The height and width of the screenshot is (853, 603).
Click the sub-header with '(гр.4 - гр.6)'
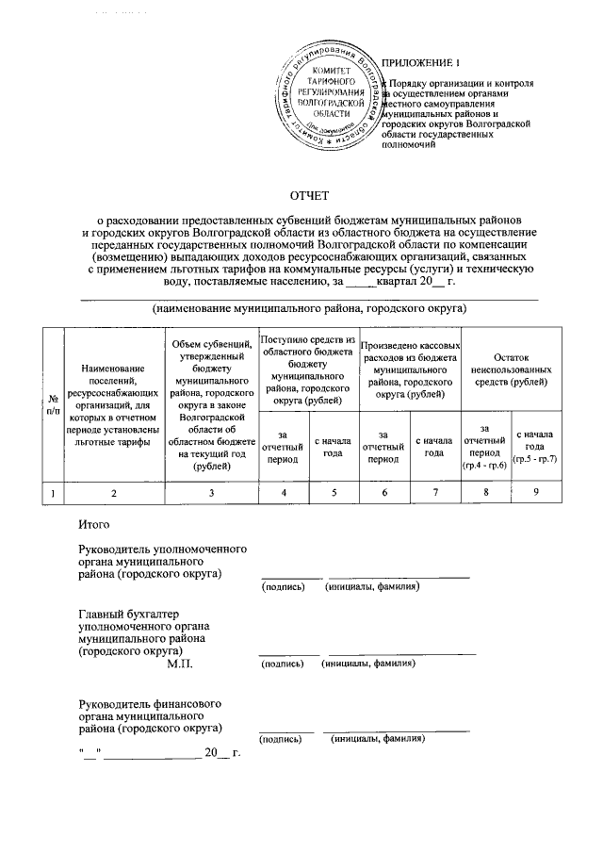coord(484,447)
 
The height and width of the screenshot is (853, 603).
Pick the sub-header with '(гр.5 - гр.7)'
coord(534,447)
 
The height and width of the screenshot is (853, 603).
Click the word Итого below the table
coord(95,523)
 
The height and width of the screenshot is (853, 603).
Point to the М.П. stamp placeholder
coord(179,664)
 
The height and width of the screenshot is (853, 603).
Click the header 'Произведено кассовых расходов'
coord(410,369)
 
